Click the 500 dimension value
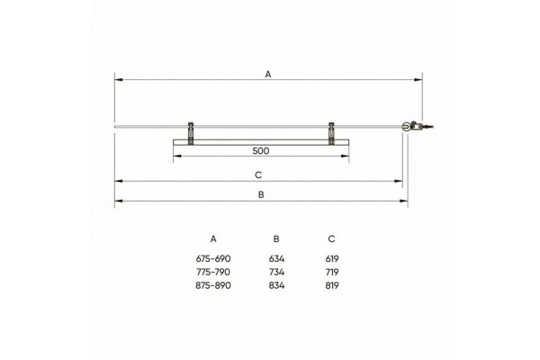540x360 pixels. point(261,151)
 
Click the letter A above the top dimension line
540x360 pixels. point(268,74)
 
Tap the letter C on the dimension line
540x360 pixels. point(258,175)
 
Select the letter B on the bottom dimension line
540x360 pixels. point(261,194)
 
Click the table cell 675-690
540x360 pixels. point(213,258)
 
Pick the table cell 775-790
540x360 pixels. point(213,272)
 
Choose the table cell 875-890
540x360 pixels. point(213,285)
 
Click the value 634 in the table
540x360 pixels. point(276,258)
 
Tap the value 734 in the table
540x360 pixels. point(276,272)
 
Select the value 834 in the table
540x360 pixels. point(276,285)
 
